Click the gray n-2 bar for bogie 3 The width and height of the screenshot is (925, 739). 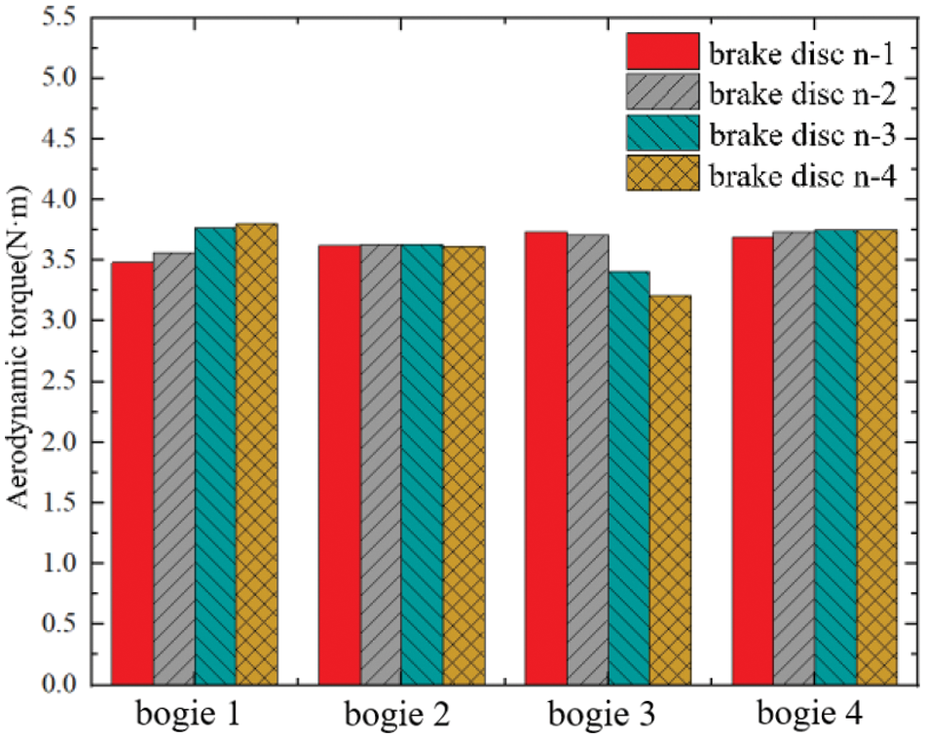pos(587,459)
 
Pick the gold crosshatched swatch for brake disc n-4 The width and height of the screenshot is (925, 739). pos(662,176)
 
